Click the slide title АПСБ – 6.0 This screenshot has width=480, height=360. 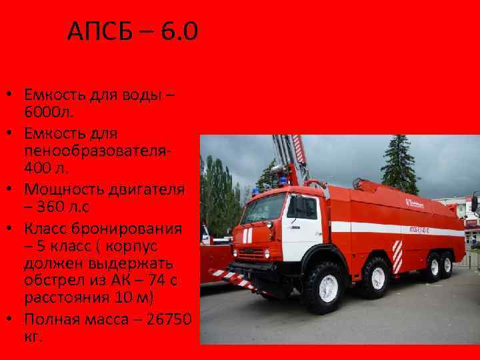(x=133, y=31)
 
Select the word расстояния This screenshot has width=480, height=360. (x=67, y=295)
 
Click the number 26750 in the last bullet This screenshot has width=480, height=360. (x=165, y=319)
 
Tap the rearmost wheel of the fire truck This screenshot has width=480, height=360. (x=447, y=265)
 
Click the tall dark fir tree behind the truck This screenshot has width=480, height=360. (x=399, y=163)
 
